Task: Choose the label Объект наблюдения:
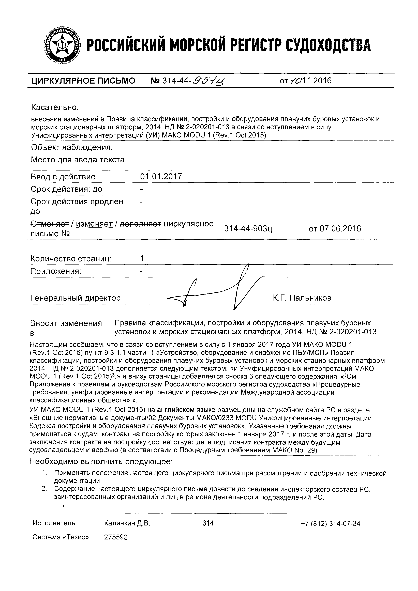[72, 147]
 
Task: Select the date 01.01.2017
[161, 177]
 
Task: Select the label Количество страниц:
[71, 259]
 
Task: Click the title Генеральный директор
[75, 298]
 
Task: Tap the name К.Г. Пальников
[302, 298]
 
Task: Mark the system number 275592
[116, 537]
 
